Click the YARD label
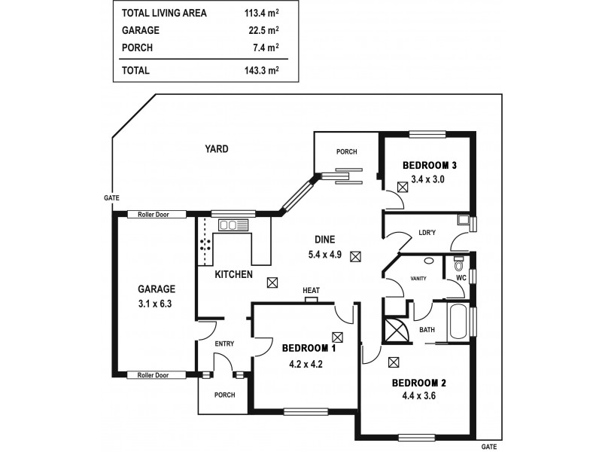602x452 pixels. coord(217,149)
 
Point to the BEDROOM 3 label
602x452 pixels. coord(430,166)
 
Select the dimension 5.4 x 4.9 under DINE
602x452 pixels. coord(325,255)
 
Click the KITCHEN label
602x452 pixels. coord(234,275)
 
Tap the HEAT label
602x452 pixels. coord(311,290)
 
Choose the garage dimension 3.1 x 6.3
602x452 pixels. coord(156,304)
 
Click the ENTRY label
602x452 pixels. coord(224,344)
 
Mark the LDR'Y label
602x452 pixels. coord(427,233)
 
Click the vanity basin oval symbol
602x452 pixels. coord(429,261)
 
